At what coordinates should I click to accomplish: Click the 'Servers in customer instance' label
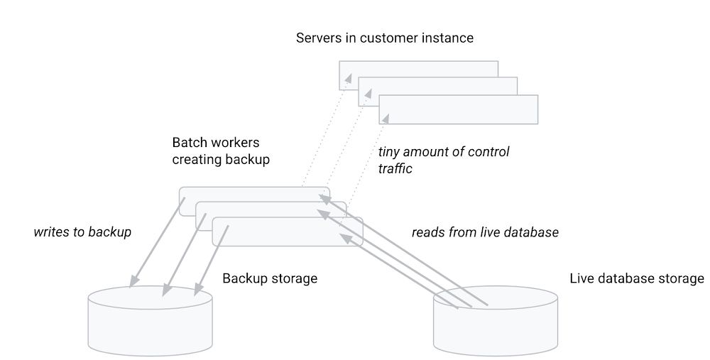click(384, 38)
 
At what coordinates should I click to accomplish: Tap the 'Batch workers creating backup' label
click(221, 151)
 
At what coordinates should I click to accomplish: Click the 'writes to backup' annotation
click(82, 232)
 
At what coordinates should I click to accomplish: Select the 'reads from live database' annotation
click(485, 232)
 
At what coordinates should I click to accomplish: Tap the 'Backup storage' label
click(270, 278)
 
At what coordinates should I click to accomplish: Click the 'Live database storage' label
click(637, 278)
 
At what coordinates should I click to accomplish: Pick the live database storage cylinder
click(496, 323)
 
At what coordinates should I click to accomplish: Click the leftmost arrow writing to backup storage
click(158, 241)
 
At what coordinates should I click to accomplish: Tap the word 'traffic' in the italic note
click(395, 169)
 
